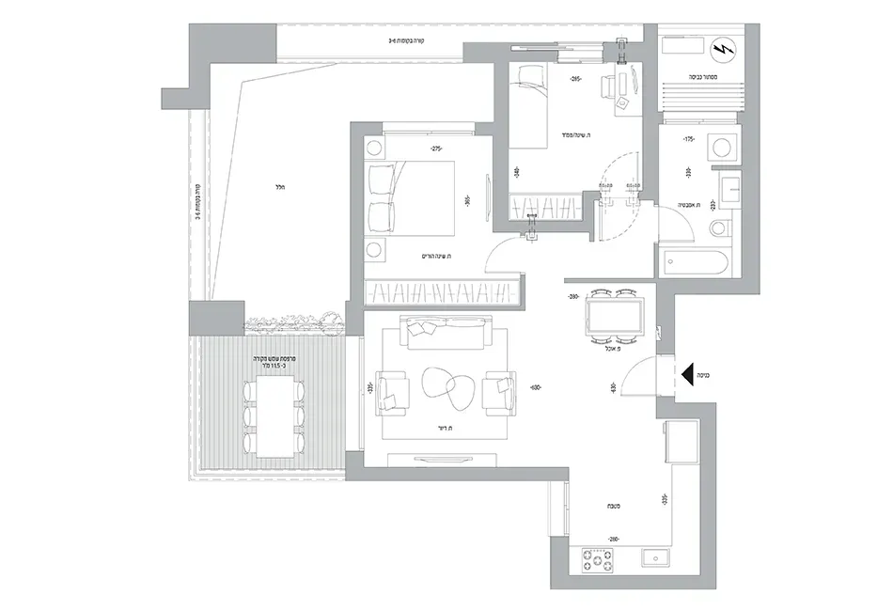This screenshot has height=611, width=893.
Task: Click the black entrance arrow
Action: click(699, 374)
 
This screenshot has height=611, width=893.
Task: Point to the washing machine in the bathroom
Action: click(722, 149)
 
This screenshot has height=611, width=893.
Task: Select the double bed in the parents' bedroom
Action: click(414, 197)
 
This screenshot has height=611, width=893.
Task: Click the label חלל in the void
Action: click(279, 187)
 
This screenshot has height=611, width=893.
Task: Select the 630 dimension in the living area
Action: click(535, 387)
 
